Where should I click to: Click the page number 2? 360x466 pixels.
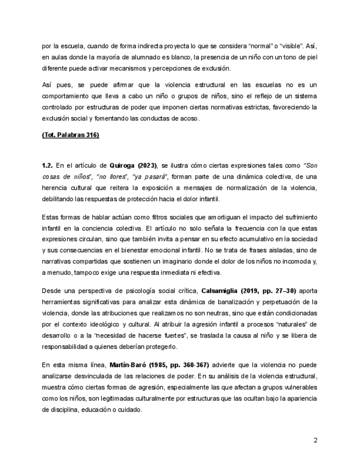(315, 440)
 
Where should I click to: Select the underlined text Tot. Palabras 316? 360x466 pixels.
(70, 135)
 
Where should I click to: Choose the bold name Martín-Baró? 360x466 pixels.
(129, 364)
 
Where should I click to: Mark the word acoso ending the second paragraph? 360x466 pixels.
(189, 118)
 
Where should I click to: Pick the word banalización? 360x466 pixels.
(224, 302)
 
